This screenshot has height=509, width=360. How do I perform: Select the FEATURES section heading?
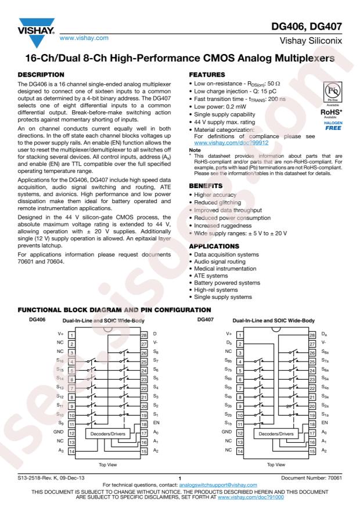point(207,74)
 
